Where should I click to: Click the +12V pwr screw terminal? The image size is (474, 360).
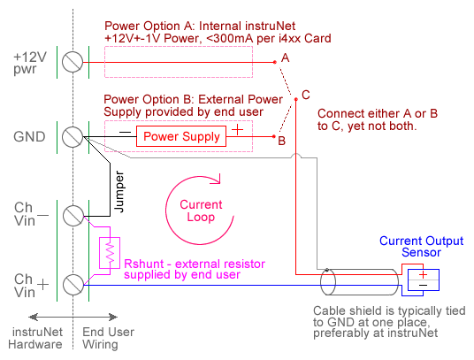tap(73, 62)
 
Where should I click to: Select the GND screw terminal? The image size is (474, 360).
tap(73, 137)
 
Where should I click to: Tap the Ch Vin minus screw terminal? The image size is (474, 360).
tap(73, 216)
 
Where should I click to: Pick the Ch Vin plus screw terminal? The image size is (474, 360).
tap(73, 285)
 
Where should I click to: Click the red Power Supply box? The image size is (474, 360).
tap(181, 136)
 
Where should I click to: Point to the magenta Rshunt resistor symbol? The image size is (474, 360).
tap(110, 253)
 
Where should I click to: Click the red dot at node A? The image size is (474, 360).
tap(275, 62)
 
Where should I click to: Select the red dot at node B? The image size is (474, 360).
tap(274, 136)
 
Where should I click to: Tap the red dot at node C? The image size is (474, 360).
tap(296, 99)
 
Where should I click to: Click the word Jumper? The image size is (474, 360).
tap(119, 192)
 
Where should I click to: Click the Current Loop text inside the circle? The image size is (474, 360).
tap(201, 211)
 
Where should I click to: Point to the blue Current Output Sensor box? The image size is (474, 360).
tap(424, 280)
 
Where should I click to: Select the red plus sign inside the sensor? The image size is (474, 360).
tap(424, 274)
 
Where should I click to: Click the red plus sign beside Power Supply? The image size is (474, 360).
tap(238, 130)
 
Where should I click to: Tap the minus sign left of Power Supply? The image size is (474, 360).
tap(126, 132)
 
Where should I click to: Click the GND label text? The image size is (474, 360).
tap(29, 137)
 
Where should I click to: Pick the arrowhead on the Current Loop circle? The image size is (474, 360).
tap(218, 180)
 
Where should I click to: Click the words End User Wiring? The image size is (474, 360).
tap(108, 338)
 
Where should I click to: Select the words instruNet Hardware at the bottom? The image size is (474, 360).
tap(35, 338)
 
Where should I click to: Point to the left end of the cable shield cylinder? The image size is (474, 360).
tap(328, 282)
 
